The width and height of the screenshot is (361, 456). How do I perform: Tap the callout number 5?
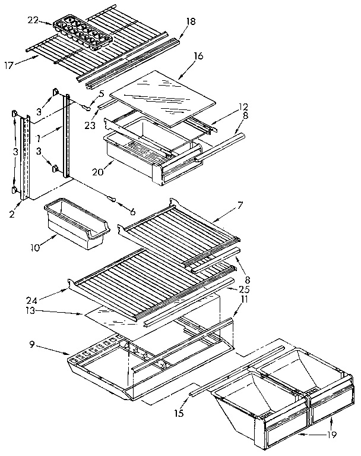[x=102, y=93]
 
